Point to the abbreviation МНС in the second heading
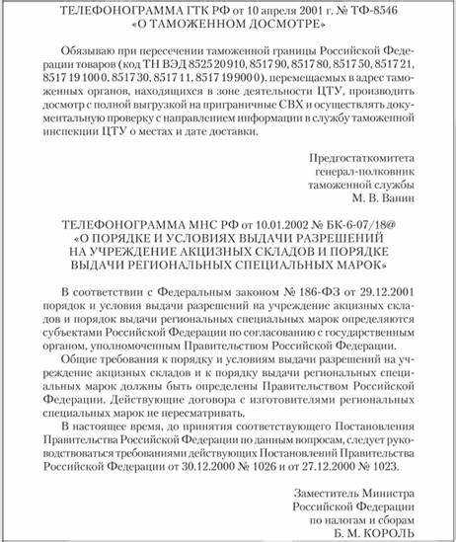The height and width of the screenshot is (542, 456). (x=165, y=228)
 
